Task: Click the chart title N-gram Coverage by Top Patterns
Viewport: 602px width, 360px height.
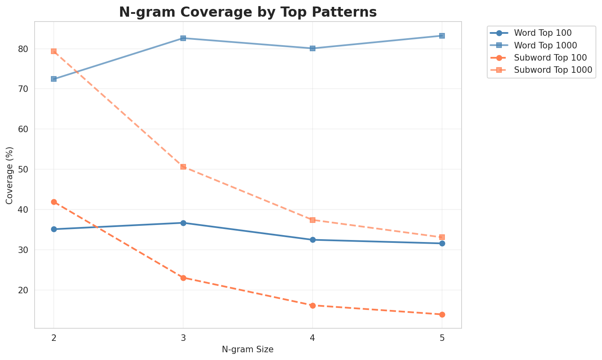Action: (x=247, y=12)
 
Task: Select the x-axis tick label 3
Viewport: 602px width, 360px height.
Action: (x=183, y=338)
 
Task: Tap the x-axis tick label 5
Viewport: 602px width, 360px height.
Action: (x=442, y=338)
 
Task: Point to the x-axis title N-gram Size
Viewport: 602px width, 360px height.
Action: (x=247, y=349)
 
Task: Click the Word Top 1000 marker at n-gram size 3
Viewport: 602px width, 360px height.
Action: (x=183, y=38)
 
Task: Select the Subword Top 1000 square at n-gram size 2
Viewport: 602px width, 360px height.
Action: (x=54, y=51)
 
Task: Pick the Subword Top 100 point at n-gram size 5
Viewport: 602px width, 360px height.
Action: (x=442, y=314)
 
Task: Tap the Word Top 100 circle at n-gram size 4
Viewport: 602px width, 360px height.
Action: (x=313, y=240)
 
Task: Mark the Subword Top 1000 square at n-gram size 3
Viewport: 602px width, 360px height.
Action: (x=183, y=167)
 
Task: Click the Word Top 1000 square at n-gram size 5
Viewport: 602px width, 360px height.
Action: (x=442, y=36)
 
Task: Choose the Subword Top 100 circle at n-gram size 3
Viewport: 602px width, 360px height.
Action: (x=183, y=278)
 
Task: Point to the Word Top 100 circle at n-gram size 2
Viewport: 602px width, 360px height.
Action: (x=54, y=229)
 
